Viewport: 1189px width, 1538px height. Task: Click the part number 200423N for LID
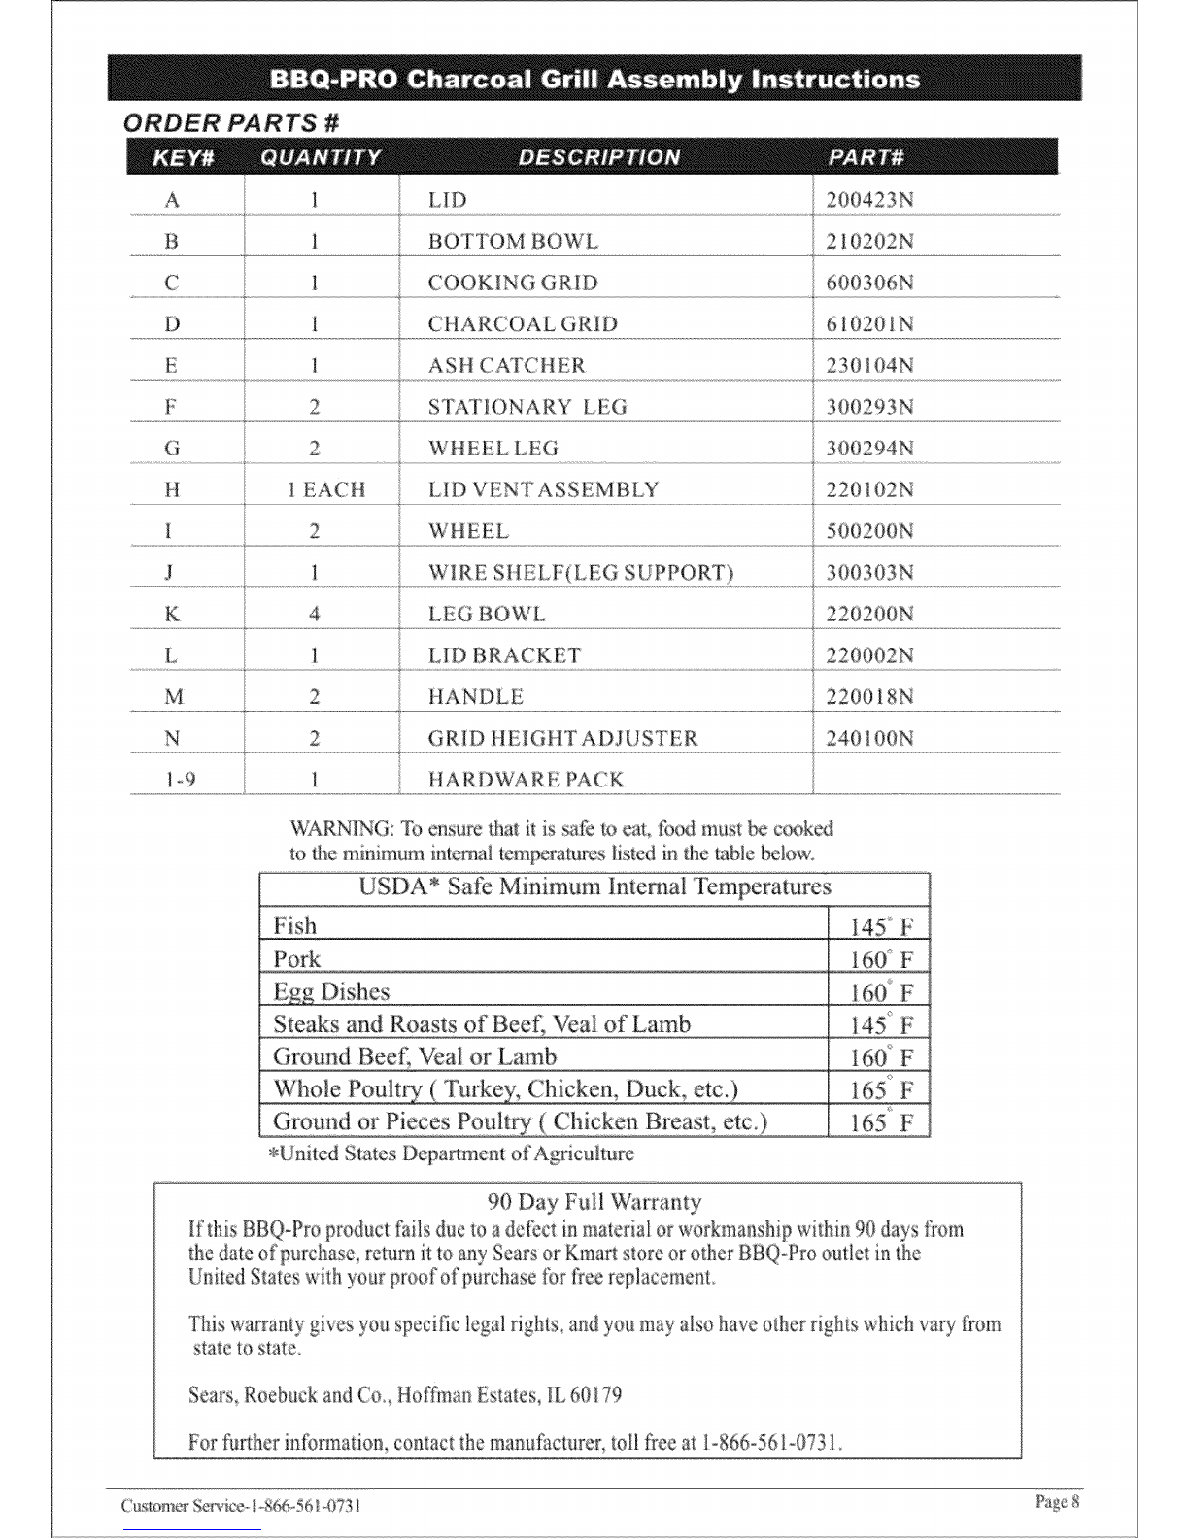(869, 201)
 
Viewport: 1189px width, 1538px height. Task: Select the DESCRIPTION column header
(599, 157)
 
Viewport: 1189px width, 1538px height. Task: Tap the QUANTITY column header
(315, 157)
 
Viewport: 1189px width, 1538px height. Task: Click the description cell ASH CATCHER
(507, 366)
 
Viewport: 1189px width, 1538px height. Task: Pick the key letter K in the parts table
(172, 615)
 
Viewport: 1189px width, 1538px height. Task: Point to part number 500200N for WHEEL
(869, 532)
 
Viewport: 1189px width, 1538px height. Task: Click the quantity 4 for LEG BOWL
(315, 615)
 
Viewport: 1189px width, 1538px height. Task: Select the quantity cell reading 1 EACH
(326, 490)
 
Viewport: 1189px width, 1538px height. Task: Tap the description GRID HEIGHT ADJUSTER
(562, 739)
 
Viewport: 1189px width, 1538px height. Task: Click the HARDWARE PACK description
(526, 780)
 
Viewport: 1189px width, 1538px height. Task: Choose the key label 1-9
(173, 780)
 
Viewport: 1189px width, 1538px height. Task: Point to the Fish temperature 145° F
(881, 926)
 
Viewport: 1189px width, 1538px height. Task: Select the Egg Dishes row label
(331, 992)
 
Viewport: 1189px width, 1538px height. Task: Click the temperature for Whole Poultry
(881, 1089)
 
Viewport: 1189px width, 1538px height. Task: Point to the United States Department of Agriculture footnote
(452, 1154)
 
